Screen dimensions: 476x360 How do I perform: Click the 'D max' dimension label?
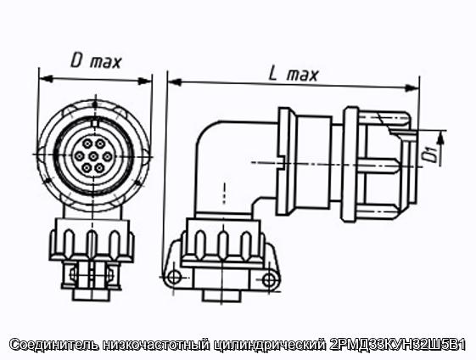tap(96, 62)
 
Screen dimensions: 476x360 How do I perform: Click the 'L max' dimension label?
tap(294, 75)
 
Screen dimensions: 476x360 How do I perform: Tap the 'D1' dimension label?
tap(431, 155)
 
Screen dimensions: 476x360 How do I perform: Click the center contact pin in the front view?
tap(93, 156)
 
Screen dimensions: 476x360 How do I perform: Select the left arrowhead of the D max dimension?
tap(47, 79)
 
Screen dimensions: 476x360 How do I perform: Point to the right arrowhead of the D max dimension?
tap(144, 82)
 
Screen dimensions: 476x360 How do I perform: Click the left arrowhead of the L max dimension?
tap(175, 82)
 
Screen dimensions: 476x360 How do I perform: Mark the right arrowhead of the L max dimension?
tap(412, 88)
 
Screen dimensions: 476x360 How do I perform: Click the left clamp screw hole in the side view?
tap(174, 277)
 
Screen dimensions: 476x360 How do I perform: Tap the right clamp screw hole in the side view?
tap(269, 279)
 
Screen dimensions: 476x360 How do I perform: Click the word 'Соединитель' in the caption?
tap(54, 345)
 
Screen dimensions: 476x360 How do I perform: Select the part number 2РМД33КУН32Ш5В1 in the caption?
tap(397, 345)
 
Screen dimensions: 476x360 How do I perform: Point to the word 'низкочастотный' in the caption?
tap(157, 345)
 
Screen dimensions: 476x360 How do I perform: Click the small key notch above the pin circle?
tap(95, 123)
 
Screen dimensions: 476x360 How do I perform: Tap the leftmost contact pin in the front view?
tap(79, 156)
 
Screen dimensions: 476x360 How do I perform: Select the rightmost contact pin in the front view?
tap(107, 157)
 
